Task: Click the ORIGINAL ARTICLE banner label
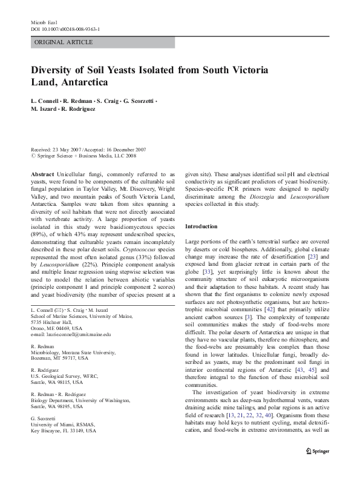pos(63,42)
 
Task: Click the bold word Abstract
pos(42,174)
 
